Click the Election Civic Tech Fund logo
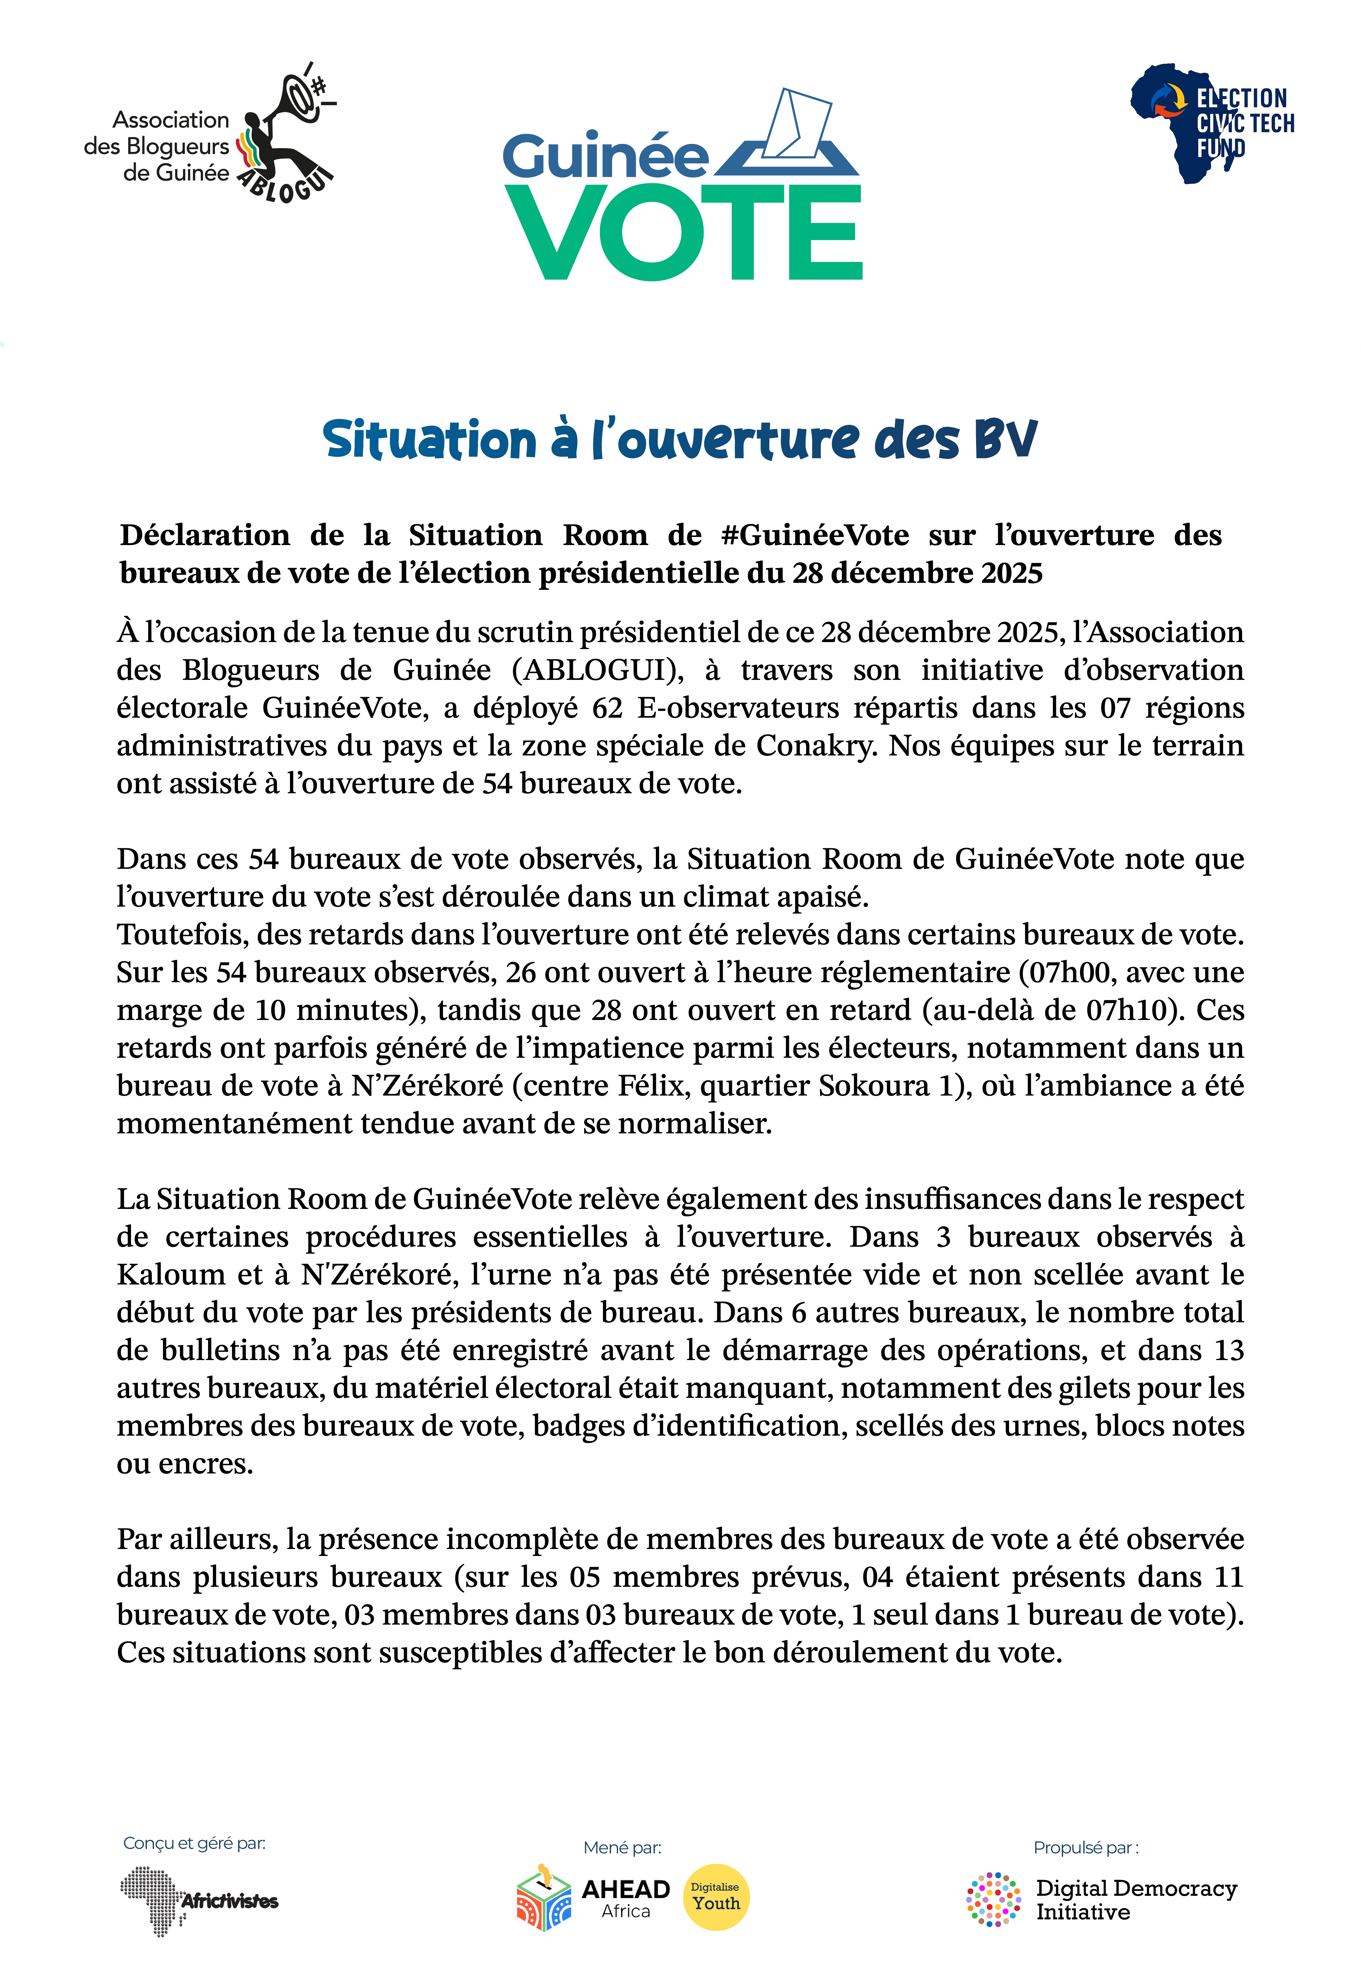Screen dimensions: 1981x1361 (1211, 124)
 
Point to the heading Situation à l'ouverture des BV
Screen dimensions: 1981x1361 (680, 440)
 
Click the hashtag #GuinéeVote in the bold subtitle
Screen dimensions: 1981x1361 (814, 535)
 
